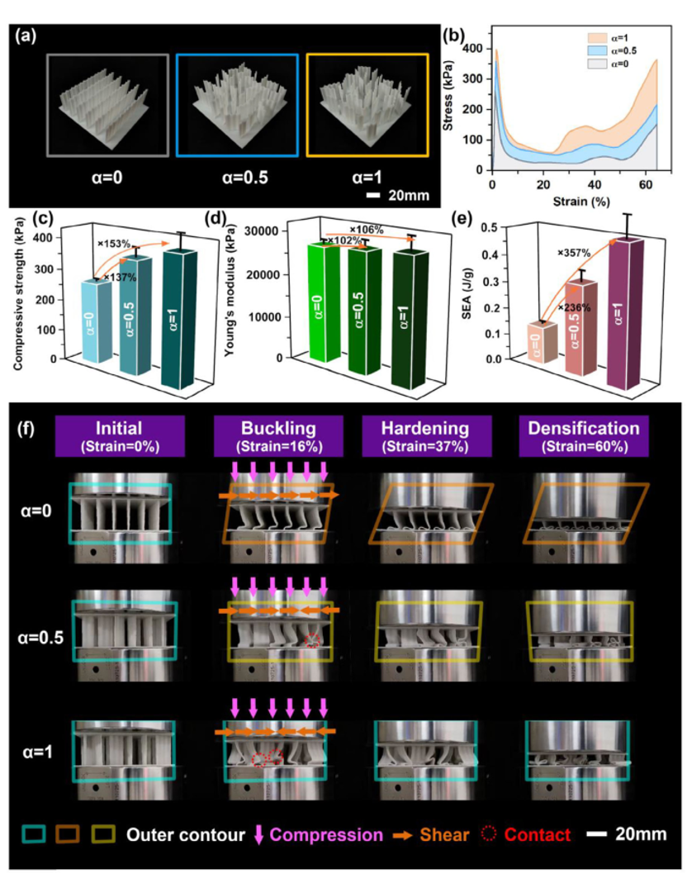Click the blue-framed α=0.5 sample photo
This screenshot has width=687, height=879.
tap(237, 105)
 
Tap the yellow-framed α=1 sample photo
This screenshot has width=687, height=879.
tap(367, 105)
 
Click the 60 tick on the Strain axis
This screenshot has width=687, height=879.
tap(646, 184)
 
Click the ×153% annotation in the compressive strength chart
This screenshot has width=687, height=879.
tap(114, 244)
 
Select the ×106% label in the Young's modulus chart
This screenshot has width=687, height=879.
tap(367, 230)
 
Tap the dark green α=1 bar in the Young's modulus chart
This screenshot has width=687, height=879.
tap(410, 318)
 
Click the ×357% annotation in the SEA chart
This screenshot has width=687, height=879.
tap(574, 254)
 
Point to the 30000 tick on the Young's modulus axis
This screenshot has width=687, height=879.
tap(268, 231)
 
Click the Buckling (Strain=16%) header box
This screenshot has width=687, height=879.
tap(278, 436)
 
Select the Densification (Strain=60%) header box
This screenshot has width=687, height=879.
tap(584, 436)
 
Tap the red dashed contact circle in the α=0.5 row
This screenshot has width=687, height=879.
tap(313, 640)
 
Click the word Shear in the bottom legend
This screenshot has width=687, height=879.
tap(444, 834)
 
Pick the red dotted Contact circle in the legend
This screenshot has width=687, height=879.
tap(489, 834)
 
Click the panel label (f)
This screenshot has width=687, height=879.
tap(26, 430)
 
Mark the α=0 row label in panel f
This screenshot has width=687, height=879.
tap(36, 511)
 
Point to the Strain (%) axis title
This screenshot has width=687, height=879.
tap(581, 201)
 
